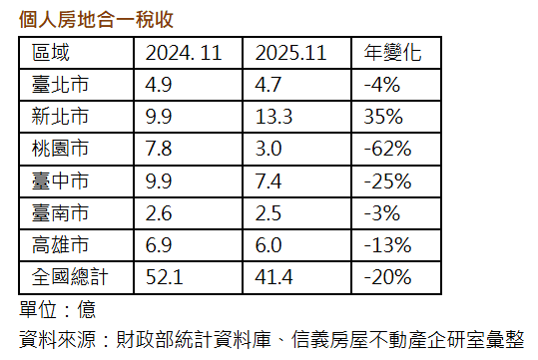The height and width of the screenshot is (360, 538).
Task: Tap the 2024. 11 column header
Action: (183, 53)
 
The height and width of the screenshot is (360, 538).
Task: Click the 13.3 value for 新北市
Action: (275, 117)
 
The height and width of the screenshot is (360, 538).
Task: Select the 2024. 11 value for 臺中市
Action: (160, 180)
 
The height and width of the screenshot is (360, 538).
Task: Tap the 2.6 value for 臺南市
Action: (160, 212)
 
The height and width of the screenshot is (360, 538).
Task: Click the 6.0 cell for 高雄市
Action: (270, 244)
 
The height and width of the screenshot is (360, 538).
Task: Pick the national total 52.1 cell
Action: (164, 276)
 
